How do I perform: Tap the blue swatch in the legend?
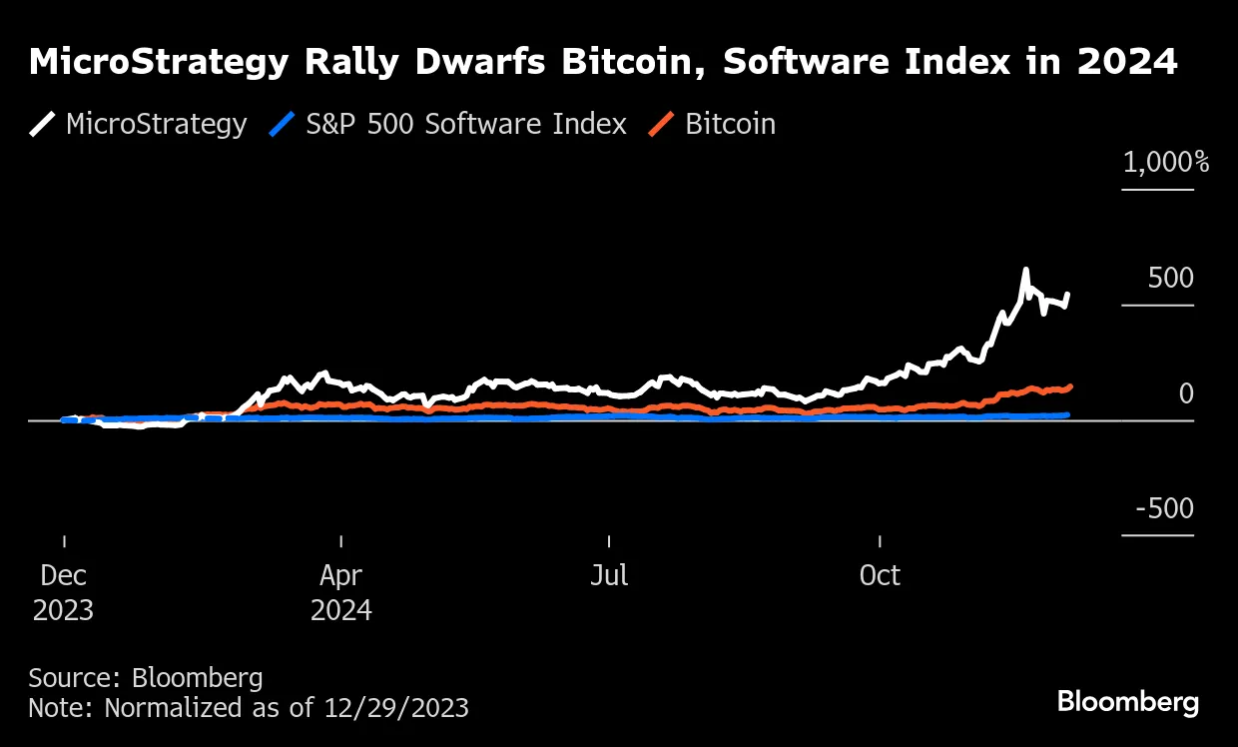pos(283,124)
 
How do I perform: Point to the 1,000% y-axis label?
pos(1165,162)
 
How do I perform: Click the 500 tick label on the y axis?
pos(1170,278)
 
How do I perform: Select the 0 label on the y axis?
pos(1185,393)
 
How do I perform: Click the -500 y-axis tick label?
pos(1163,508)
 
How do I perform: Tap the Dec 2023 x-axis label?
pos(63,592)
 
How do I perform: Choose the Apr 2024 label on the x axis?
pos(340,592)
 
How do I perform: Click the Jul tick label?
pos(609,576)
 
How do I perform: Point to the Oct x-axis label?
pos(880,576)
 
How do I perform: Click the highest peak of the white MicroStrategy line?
pos(1024,270)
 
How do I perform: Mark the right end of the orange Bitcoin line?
pos(1070,385)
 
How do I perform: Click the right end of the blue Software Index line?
pos(1067,413)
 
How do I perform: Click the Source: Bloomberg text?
pos(146,678)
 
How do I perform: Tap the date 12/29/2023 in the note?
pos(395,708)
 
